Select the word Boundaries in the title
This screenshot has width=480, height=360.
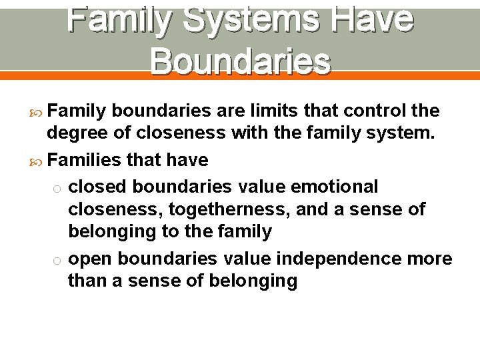(240, 61)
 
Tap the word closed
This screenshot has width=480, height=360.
(99, 186)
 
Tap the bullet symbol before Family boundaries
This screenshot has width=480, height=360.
(37, 109)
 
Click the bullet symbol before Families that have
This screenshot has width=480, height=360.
(37, 161)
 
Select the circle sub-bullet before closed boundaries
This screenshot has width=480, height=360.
(58, 187)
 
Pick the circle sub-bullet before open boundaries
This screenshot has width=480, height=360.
(58, 259)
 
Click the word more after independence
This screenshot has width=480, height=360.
(431, 258)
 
